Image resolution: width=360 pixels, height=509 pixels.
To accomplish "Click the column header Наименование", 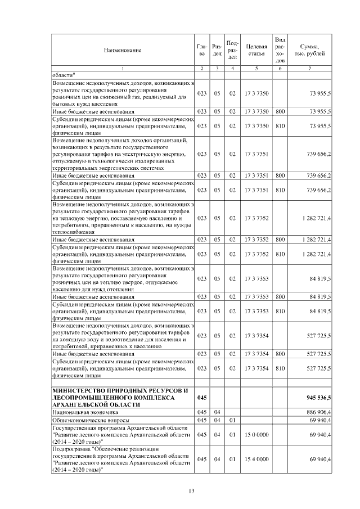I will pos(122,50).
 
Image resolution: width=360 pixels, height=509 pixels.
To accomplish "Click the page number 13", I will pos(191,492).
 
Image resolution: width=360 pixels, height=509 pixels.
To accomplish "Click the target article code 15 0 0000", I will pos(256,435).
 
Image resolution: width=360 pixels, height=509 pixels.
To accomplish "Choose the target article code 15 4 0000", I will pos(256,460).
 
